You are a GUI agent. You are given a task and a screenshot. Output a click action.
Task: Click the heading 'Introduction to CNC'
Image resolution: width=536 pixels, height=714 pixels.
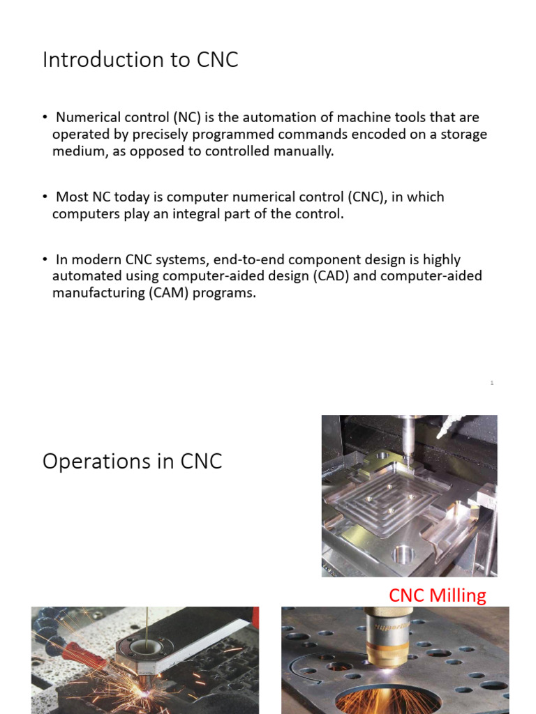click(140, 60)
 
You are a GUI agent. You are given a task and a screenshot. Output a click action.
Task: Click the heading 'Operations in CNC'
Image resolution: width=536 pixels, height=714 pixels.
click(133, 461)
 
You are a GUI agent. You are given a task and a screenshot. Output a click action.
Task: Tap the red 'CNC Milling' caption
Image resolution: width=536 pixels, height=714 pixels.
click(437, 595)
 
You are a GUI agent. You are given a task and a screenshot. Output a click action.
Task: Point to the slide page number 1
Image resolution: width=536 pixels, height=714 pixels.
click(492, 383)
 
